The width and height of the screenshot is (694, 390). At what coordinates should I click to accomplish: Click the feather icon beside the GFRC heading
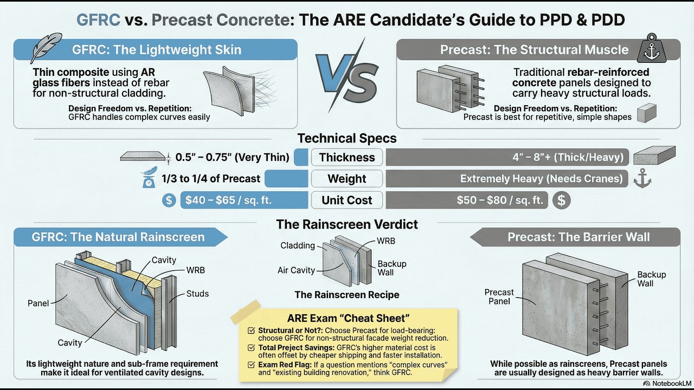click(x=46, y=48)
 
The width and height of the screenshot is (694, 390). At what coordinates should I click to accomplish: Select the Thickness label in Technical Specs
click(x=347, y=158)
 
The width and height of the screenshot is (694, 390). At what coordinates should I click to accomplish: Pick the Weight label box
click(x=347, y=179)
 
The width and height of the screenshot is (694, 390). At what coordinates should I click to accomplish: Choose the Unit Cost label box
click(x=347, y=200)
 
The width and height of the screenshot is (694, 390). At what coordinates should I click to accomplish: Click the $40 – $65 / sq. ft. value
click(x=228, y=200)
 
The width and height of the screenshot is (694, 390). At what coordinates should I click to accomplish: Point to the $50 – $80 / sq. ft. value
click(x=500, y=200)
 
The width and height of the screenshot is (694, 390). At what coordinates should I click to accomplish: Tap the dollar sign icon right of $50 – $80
click(x=561, y=200)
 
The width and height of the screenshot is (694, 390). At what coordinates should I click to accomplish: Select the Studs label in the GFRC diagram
click(x=197, y=294)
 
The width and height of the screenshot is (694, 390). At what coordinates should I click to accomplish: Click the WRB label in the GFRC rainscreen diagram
click(x=196, y=270)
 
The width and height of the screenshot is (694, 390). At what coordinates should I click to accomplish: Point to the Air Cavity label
click(x=296, y=270)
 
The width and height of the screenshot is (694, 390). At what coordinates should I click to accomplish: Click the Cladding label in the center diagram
click(x=298, y=245)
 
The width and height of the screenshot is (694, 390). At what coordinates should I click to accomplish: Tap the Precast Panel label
click(x=499, y=297)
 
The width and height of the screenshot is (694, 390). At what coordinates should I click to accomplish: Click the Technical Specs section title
click(x=347, y=138)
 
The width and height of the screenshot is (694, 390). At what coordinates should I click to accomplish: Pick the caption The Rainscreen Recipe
click(x=347, y=295)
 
